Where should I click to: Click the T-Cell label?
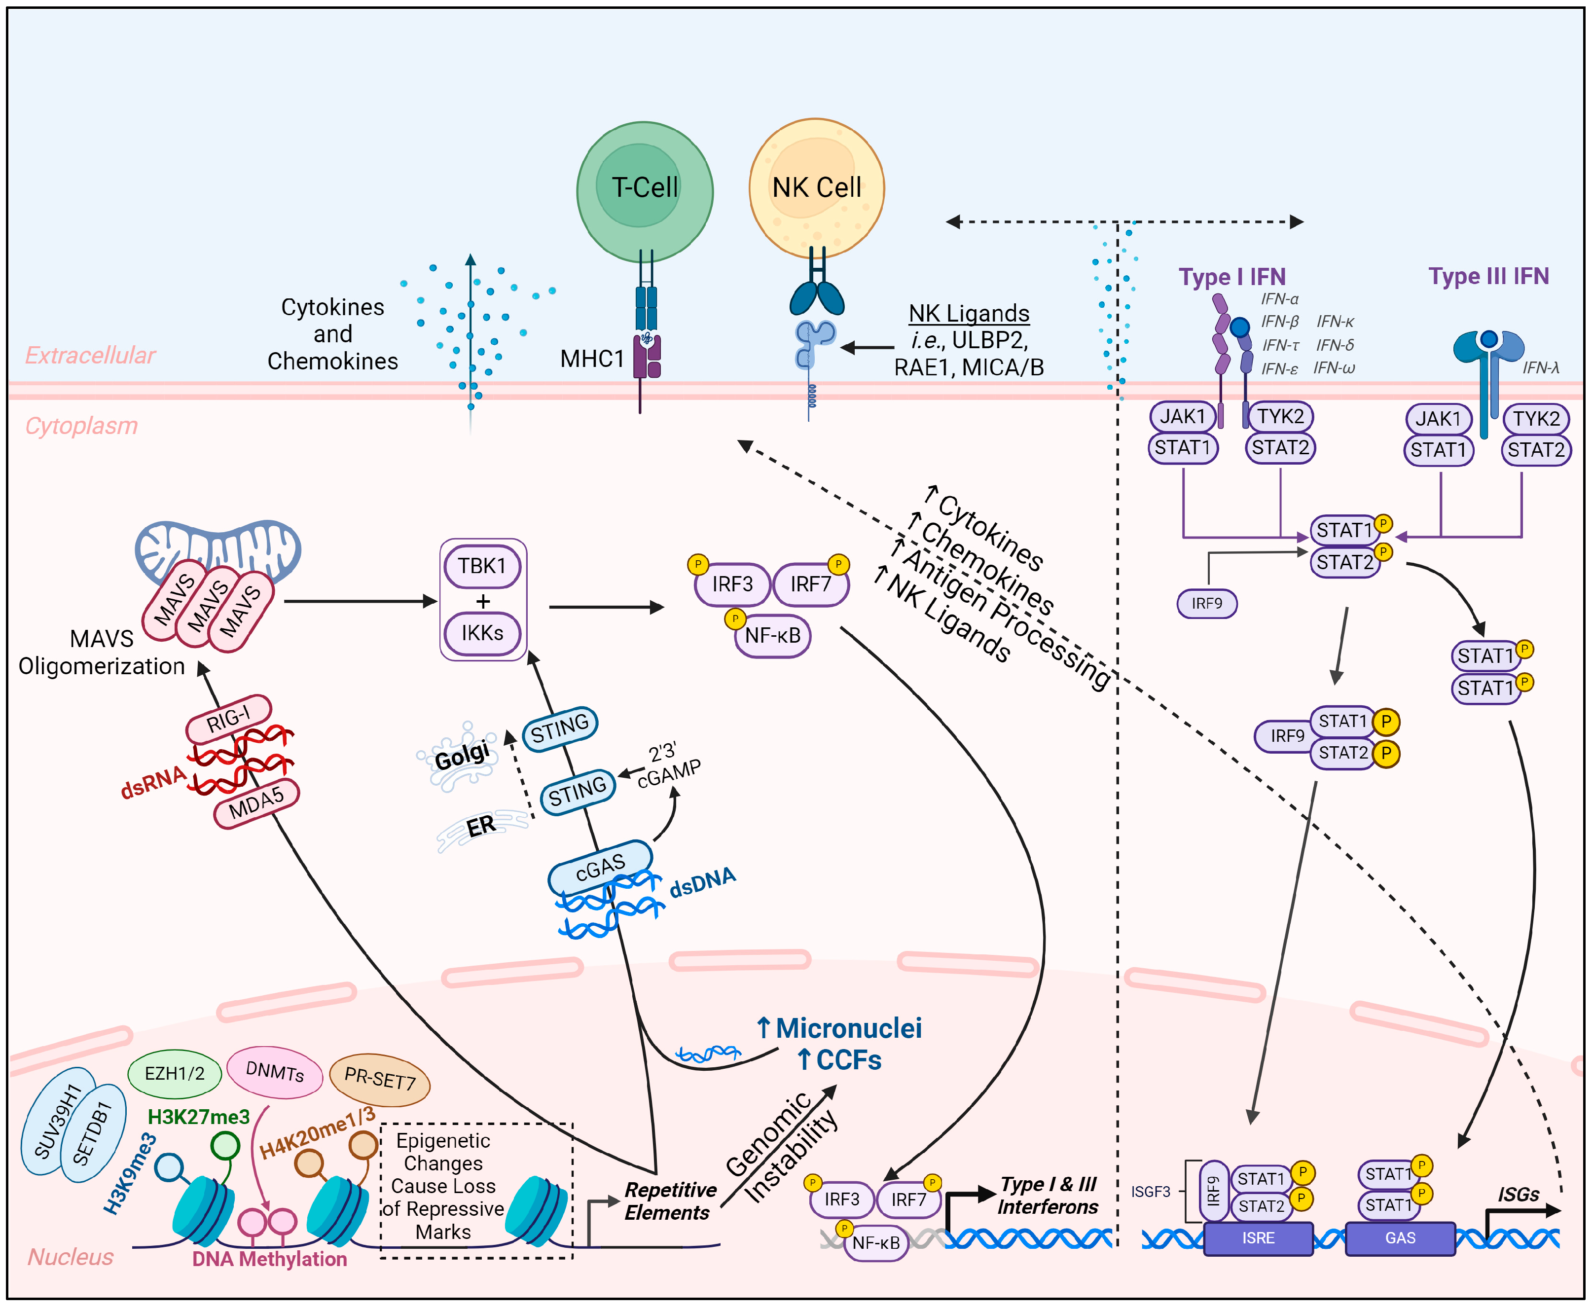[x=644, y=187]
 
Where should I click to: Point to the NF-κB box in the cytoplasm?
[x=772, y=636]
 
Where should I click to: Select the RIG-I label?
[x=228, y=718]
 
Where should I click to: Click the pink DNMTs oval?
[x=274, y=1071]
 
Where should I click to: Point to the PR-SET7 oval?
[x=380, y=1079]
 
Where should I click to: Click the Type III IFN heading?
[x=1488, y=277]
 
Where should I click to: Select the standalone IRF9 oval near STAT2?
[x=1206, y=604]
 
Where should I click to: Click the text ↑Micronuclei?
[x=839, y=1028]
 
